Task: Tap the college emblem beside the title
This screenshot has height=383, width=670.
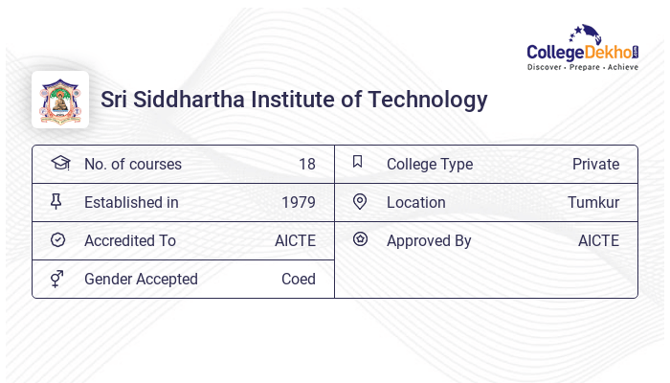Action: [60, 100]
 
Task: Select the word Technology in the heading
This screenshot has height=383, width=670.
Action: [430, 100]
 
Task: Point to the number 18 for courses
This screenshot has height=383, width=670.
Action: [306, 164]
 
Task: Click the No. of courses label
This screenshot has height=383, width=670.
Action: [132, 164]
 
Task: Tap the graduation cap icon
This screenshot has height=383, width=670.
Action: [59, 163]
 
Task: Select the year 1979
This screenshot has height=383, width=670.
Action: [299, 202]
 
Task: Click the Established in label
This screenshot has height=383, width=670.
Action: [131, 202]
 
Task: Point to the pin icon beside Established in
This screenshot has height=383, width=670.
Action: [56, 201]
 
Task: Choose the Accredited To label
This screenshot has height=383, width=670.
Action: [130, 240]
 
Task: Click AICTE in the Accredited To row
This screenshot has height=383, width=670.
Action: [295, 240]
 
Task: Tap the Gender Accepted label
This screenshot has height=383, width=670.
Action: [141, 279]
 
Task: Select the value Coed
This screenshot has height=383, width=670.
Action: [299, 279]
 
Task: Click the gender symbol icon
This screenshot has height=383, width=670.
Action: [56, 279]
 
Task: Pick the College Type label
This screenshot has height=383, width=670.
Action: [430, 164]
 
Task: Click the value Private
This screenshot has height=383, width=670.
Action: [595, 164]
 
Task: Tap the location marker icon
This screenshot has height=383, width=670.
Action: [360, 201]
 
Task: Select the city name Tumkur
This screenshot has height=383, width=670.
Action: [593, 202]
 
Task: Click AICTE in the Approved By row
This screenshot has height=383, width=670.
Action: [598, 240]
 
